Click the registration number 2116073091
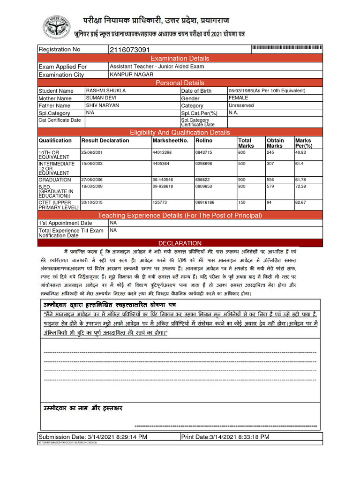click(130, 50)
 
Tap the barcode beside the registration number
click(287, 49)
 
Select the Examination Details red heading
click(180, 58)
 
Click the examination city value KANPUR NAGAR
click(128, 74)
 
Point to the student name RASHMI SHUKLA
click(106, 90)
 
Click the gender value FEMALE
click(238, 98)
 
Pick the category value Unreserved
click(241, 105)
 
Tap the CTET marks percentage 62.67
click(301, 202)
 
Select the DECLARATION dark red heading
click(180, 243)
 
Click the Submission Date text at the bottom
click(93, 437)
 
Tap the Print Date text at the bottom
click(225, 437)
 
